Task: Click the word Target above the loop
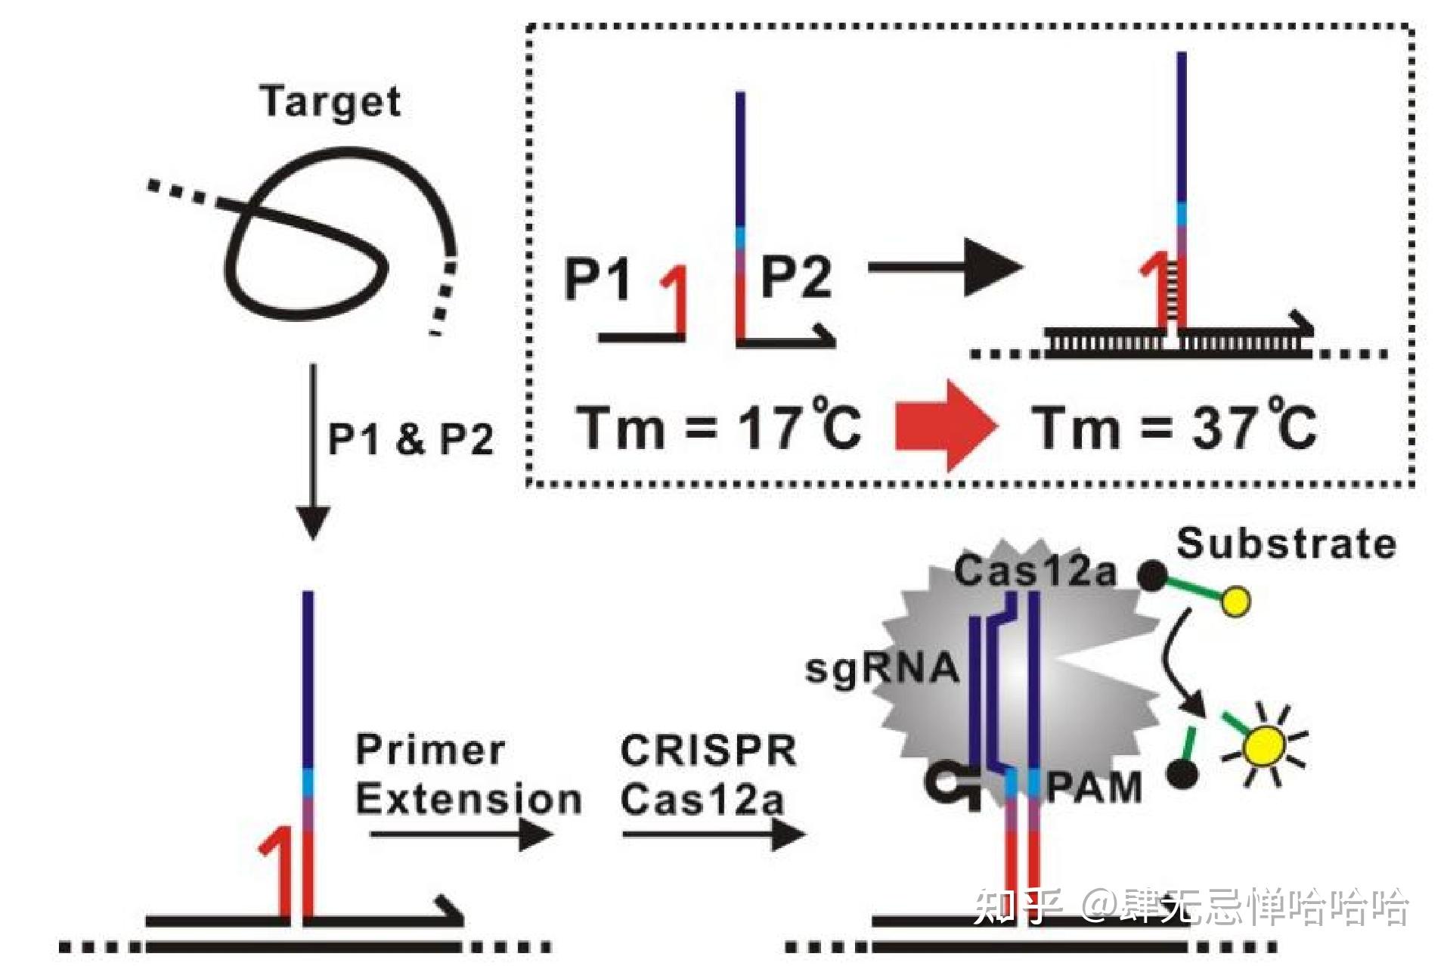tap(330, 102)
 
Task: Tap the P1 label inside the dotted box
tap(597, 279)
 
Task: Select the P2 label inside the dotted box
tap(795, 277)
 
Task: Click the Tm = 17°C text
tap(718, 428)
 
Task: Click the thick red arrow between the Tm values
tap(945, 426)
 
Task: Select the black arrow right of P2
tap(945, 268)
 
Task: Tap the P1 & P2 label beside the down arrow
tap(411, 439)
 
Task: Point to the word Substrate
tap(1286, 543)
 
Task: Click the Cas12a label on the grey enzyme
tap(1035, 571)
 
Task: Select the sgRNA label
tap(882, 668)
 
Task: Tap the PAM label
tap(1093, 788)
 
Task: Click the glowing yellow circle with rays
tap(1265, 746)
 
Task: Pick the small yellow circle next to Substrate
tap(1236, 602)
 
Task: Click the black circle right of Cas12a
tap(1152, 576)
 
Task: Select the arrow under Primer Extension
tap(461, 835)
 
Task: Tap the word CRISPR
tap(708, 751)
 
